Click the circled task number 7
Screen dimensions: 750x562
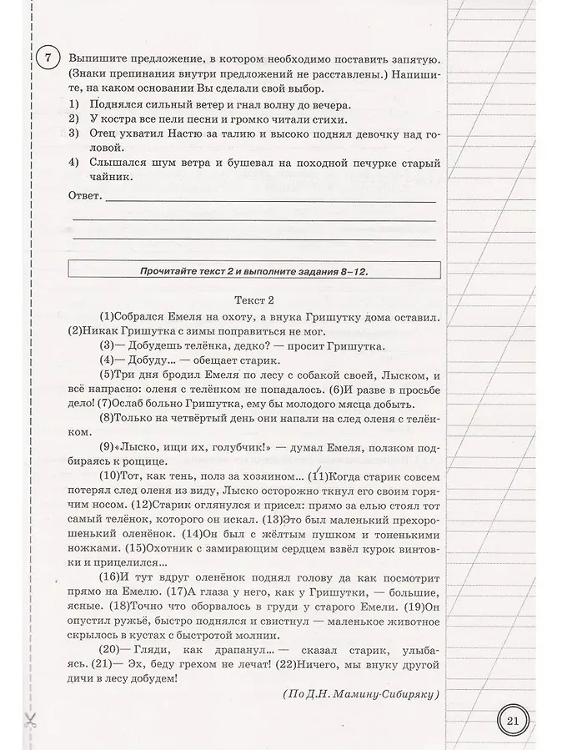tap(48, 59)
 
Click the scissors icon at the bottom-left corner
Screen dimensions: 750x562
tap(33, 720)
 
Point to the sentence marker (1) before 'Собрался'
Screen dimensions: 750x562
tap(108, 317)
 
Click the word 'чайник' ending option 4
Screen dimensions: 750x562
tap(106, 176)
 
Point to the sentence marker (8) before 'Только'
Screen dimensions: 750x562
tap(108, 417)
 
